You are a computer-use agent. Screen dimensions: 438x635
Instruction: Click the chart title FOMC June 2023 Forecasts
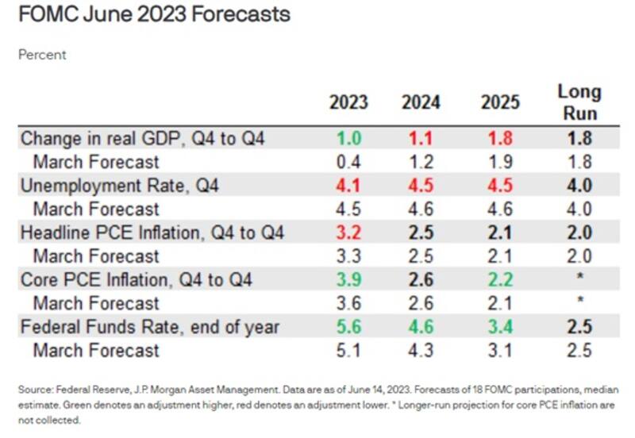coord(151,14)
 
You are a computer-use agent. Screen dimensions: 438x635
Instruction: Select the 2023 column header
coord(348,102)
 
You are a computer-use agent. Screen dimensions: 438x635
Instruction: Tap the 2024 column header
coord(421,102)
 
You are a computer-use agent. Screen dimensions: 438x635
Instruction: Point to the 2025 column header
coord(500,102)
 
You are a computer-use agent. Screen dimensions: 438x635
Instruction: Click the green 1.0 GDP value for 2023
coord(348,138)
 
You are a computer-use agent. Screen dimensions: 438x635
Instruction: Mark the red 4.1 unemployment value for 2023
coord(348,186)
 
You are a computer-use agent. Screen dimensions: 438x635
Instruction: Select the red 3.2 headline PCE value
coord(348,232)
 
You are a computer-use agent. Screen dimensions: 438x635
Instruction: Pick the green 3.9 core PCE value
coord(348,279)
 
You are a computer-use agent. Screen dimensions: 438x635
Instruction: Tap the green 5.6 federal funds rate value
coord(348,326)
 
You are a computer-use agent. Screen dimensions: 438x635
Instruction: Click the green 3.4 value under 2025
coord(500,326)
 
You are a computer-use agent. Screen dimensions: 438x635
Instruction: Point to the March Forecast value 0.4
coord(348,162)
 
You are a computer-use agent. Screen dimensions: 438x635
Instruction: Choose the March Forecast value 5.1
coord(348,350)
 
